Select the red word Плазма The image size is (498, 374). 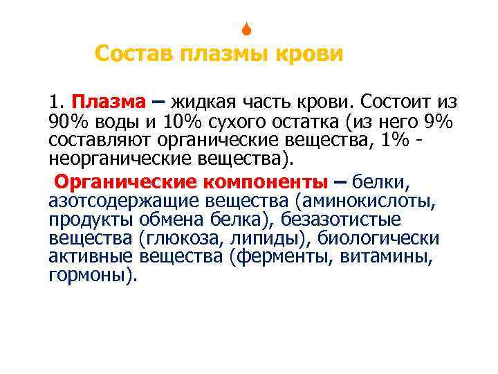[109, 103]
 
